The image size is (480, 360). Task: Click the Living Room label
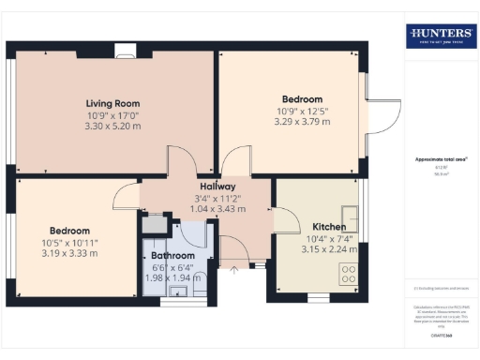112,103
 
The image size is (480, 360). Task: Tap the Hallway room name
203,186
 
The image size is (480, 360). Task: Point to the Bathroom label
174,255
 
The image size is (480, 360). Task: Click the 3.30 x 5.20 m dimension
112,126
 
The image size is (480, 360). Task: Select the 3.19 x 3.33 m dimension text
69,253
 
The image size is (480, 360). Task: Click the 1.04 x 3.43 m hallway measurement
203,208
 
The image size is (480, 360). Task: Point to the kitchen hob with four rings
348,275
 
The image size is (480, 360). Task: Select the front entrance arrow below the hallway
233,271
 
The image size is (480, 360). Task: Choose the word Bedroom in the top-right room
302,99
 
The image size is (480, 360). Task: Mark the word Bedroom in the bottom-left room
69,231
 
